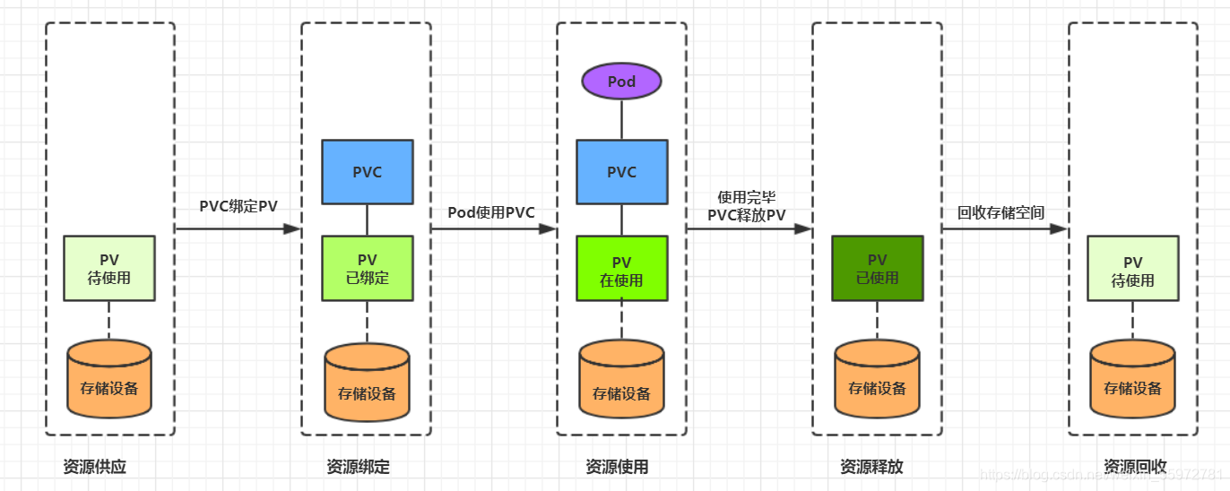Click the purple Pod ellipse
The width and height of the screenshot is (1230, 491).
[x=621, y=82]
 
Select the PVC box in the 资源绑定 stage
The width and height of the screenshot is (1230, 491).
[x=367, y=172]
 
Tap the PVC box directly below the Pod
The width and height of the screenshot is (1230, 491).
[x=621, y=172]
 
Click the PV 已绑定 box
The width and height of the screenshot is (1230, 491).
[x=367, y=268]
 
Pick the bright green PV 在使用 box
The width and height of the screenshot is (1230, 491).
[x=621, y=268]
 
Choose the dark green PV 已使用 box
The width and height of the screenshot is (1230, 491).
[x=877, y=268]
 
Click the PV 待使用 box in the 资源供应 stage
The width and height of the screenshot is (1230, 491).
[x=109, y=268]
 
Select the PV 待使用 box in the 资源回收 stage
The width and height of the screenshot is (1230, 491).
[x=1132, y=268]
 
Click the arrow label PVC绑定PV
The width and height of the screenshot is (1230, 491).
[x=238, y=206]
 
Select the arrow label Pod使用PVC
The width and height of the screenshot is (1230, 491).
[x=491, y=212]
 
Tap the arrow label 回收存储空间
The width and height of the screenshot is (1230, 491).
[x=1001, y=212]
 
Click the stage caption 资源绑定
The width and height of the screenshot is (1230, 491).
[x=358, y=467]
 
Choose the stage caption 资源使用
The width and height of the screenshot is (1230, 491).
[x=617, y=467]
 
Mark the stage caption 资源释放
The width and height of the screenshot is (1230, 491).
[x=871, y=467]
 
